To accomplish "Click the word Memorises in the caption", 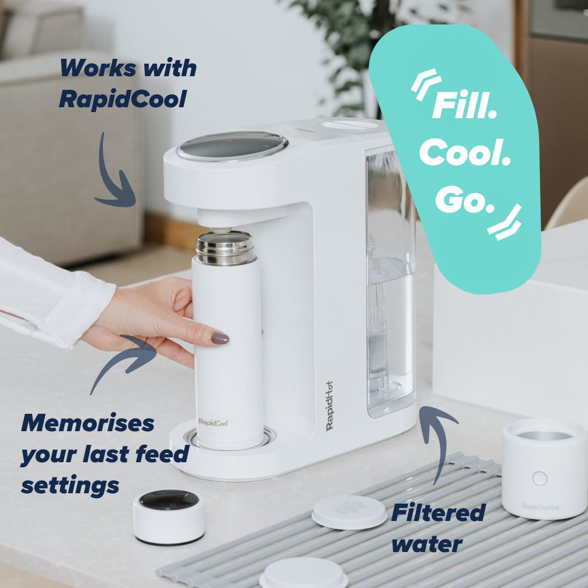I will click(x=87, y=423).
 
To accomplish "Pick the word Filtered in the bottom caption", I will click(x=438, y=513).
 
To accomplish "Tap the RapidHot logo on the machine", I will click(x=329, y=406).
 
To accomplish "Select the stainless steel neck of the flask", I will click(x=224, y=248).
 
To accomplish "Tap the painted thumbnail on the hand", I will click(x=220, y=338).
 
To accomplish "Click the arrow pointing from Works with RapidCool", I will click(x=114, y=174).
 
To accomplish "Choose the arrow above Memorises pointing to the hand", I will click(x=128, y=359).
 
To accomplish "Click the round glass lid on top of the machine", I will click(x=232, y=145).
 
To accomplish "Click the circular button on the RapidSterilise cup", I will click(x=539, y=479).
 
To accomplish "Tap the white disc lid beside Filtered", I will click(x=349, y=512).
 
